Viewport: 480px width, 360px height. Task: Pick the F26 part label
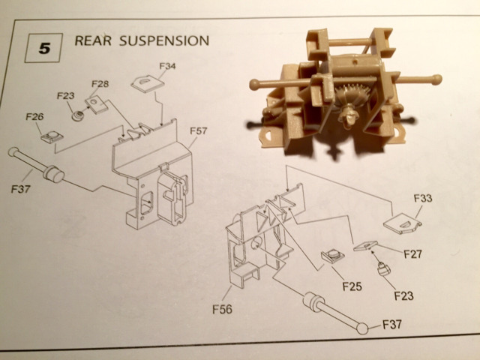click(34, 117)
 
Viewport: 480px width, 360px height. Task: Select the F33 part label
click(424, 199)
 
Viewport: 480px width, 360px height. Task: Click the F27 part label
click(412, 253)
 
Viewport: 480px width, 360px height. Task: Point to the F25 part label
click(352, 285)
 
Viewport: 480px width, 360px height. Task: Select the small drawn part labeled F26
click(52, 135)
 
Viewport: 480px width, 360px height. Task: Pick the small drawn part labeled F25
click(331, 256)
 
